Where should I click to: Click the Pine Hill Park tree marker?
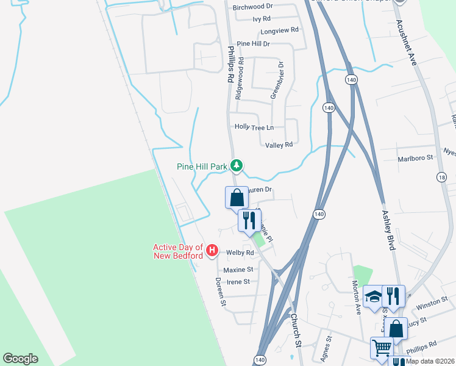coord(237,165)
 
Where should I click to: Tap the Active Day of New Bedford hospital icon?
coord(212,250)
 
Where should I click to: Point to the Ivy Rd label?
coord(265,20)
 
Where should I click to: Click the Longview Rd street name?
coord(279,30)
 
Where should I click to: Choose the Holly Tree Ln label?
coord(254,127)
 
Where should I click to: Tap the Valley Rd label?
coord(279,145)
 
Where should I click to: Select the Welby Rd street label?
coord(240,253)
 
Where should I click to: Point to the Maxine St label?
coord(238,269)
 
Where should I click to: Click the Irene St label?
coord(238,282)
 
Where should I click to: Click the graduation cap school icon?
coord(373,297)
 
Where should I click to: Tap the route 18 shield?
coord(441,178)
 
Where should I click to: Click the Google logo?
coord(20,359)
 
